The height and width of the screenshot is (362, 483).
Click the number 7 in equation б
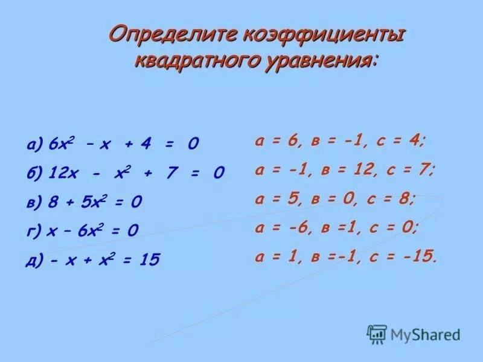click(x=171, y=174)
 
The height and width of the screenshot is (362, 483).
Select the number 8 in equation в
click(x=56, y=202)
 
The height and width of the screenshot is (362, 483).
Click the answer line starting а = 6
click(x=341, y=141)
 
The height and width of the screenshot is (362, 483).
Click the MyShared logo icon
click(x=377, y=334)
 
